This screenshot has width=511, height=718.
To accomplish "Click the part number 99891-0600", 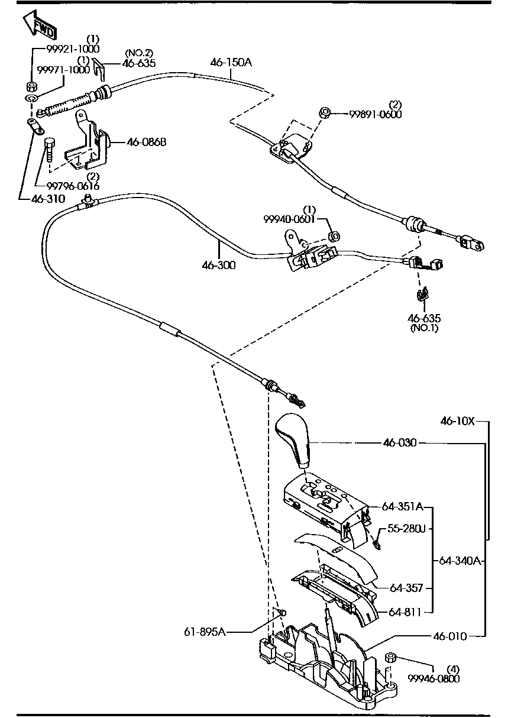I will (374, 114).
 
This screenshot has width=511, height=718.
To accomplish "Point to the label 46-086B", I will (147, 142).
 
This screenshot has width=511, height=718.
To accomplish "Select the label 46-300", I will (218, 266).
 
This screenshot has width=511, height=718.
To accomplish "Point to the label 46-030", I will (399, 442).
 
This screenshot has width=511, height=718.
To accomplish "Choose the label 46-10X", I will (457, 421).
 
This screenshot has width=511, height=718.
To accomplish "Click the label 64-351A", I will (402, 507).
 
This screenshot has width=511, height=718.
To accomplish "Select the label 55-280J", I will (406, 528).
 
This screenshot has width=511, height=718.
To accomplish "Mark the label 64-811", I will (405, 612).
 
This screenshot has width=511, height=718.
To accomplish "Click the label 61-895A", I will (205, 632).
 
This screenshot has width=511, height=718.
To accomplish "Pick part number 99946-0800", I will (434, 678).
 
